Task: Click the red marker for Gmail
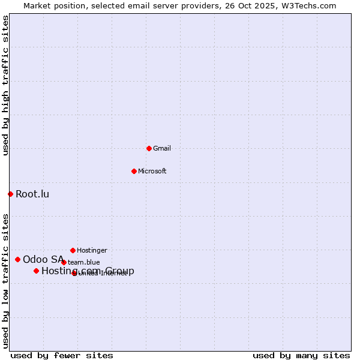[x=149, y=148]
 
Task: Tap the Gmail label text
[x=162, y=149]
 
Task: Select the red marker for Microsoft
[x=134, y=171]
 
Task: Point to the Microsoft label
[x=152, y=172]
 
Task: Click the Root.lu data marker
[x=10, y=194]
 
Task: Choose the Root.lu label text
[x=32, y=194]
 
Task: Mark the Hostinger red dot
[x=73, y=250]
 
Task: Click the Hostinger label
[x=92, y=251]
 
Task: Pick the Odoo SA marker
[x=17, y=259]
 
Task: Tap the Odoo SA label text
[x=43, y=259]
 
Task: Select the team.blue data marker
[x=64, y=262]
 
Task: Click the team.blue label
[x=84, y=263]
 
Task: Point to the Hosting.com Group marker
[x=36, y=271]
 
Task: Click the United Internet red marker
[x=74, y=273]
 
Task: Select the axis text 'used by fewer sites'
[x=62, y=355]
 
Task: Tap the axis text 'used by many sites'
[x=301, y=355]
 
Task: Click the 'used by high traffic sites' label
[x=5, y=85]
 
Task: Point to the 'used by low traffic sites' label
[x=5, y=280]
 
